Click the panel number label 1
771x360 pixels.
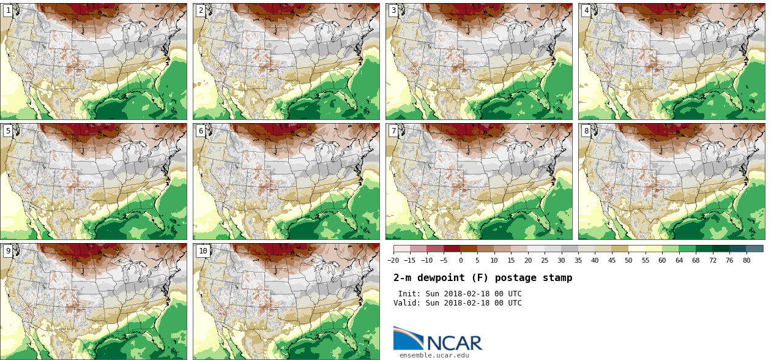coord(8,10)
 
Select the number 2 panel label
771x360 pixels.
coord(201,10)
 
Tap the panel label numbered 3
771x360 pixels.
coord(393,10)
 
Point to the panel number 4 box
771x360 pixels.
coord(586,10)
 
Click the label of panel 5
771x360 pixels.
coord(8,131)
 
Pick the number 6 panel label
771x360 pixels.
coord(201,131)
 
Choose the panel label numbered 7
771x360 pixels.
coord(393,131)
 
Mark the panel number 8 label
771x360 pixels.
coord(586,131)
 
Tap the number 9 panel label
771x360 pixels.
coord(8,251)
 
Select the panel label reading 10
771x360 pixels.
coord(203,251)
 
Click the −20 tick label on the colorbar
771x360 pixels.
coord(393,260)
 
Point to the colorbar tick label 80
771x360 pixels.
coord(747,260)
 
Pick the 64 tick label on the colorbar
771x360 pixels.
coord(679,260)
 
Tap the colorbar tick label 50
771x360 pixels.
coord(629,260)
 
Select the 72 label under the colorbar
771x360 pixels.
coord(712,260)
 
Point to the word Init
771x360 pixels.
coord(409,294)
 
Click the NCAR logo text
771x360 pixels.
coord(454,342)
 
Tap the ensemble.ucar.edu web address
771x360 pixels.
coord(434,355)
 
